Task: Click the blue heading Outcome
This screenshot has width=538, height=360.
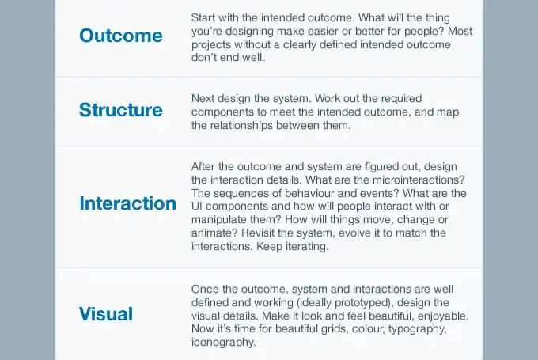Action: [x=121, y=36]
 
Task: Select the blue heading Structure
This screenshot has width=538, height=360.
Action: [x=121, y=110]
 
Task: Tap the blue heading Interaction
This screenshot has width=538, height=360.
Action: [x=127, y=203]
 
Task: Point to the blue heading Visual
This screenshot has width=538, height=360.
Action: [x=106, y=314]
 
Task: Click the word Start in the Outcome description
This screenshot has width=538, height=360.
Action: [x=204, y=17]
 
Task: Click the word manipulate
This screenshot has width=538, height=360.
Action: [x=222, y=220]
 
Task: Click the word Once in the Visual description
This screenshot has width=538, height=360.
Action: [x=206, y=288]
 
